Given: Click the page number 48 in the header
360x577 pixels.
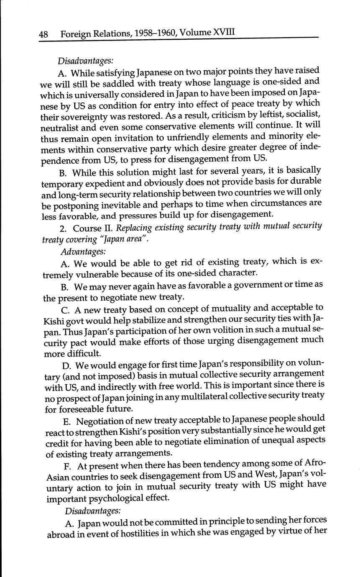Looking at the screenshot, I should (43, 34).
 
